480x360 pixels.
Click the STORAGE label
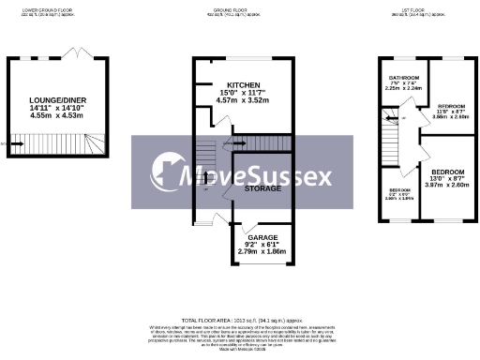point(262,188)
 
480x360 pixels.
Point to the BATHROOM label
point(404,78)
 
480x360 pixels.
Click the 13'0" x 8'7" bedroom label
point(447,173)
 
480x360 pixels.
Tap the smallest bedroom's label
point(400,191)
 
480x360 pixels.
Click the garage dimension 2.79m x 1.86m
point(255,252)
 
